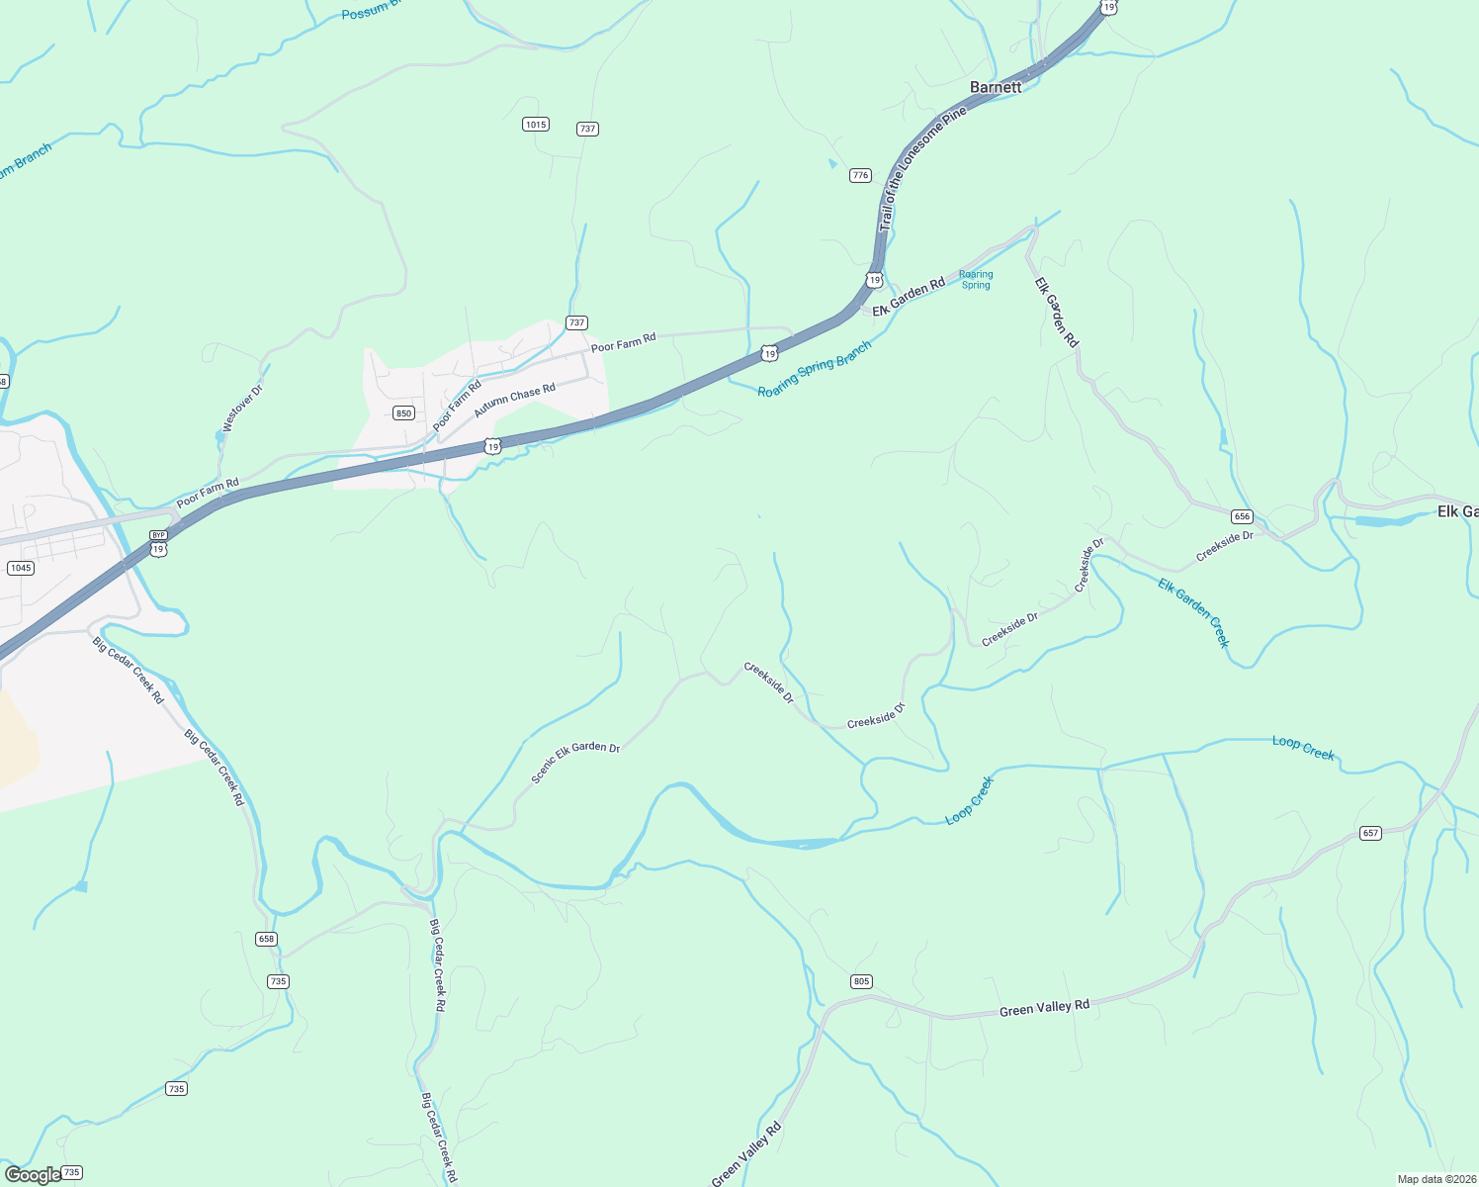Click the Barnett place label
point(996,87)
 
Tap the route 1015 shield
point(535,125)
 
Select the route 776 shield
point(860,175)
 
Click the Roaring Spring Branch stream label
point(815,370)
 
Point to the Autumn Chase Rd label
point(514,401)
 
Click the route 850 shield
point(403,412)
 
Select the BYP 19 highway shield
point(158,543)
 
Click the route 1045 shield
point(20,568)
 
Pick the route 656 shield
point(1242,516)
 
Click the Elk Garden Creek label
point(1194,612)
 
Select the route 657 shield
point(1369,833)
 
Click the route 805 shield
point(860,981)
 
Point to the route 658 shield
point(265,939)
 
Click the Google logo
point(32,1175)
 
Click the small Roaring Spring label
point(976,280)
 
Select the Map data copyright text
point(1435,1179)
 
